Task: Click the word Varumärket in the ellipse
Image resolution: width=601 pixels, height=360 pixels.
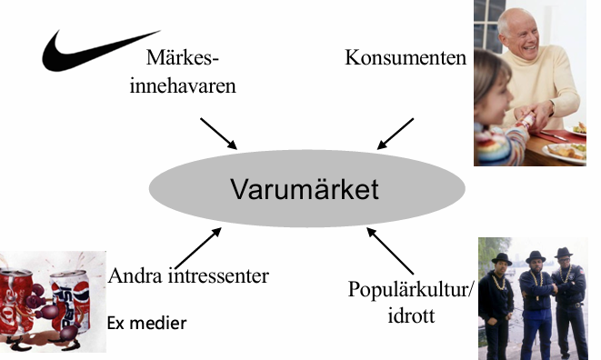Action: (x=304, y=190)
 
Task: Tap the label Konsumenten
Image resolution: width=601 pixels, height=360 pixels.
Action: (x=406, y=58)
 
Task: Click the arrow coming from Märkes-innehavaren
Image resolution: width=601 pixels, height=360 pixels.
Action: (x=218, y=133)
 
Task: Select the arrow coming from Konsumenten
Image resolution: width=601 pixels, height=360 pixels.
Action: (x=396, y=133)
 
